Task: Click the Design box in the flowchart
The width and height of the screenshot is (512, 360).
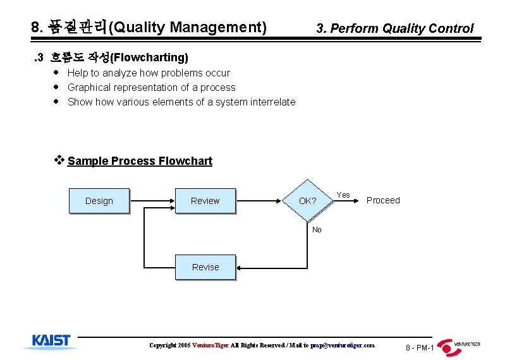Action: pyautogui.click(x=99, y=201)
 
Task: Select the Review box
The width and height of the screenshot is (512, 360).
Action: pyautogui.click(x=205, y=201)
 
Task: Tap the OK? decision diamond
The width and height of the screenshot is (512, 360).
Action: pyautogui.click(x=308, y=201)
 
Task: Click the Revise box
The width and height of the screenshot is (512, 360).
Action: pyautogui.click(x=205, y=267)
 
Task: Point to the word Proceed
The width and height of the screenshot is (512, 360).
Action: pyautogui.click(x=383, y=200)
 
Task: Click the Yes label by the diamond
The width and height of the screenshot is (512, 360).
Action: pyautogui.click(x=343, y=195)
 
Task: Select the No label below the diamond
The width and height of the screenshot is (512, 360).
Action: pyautogui.click(x=317, y=230)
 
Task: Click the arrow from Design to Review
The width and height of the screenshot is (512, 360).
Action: pyautogui.click(x=152, y=201)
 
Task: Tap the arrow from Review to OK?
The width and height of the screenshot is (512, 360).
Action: pyautogui.click(x=259, y=201)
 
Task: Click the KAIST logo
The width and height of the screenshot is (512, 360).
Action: pyautogui.click(x=51, y=342)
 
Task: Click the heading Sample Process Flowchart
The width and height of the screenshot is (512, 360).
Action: pyautogui.click(x=140, y=161)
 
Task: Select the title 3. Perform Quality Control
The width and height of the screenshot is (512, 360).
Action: pyautogui.click(x=394, y=28)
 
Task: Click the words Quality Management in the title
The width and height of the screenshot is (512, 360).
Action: pyautogui.click(x=188, y=28)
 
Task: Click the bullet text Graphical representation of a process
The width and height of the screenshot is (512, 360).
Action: pyautogui.click(x=151, y=88)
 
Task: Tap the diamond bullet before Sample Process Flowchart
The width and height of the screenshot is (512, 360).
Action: pyautogui.click(x=61, y=160)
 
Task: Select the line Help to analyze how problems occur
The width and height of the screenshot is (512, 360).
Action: pyautogui.click(x=149, y=73)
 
